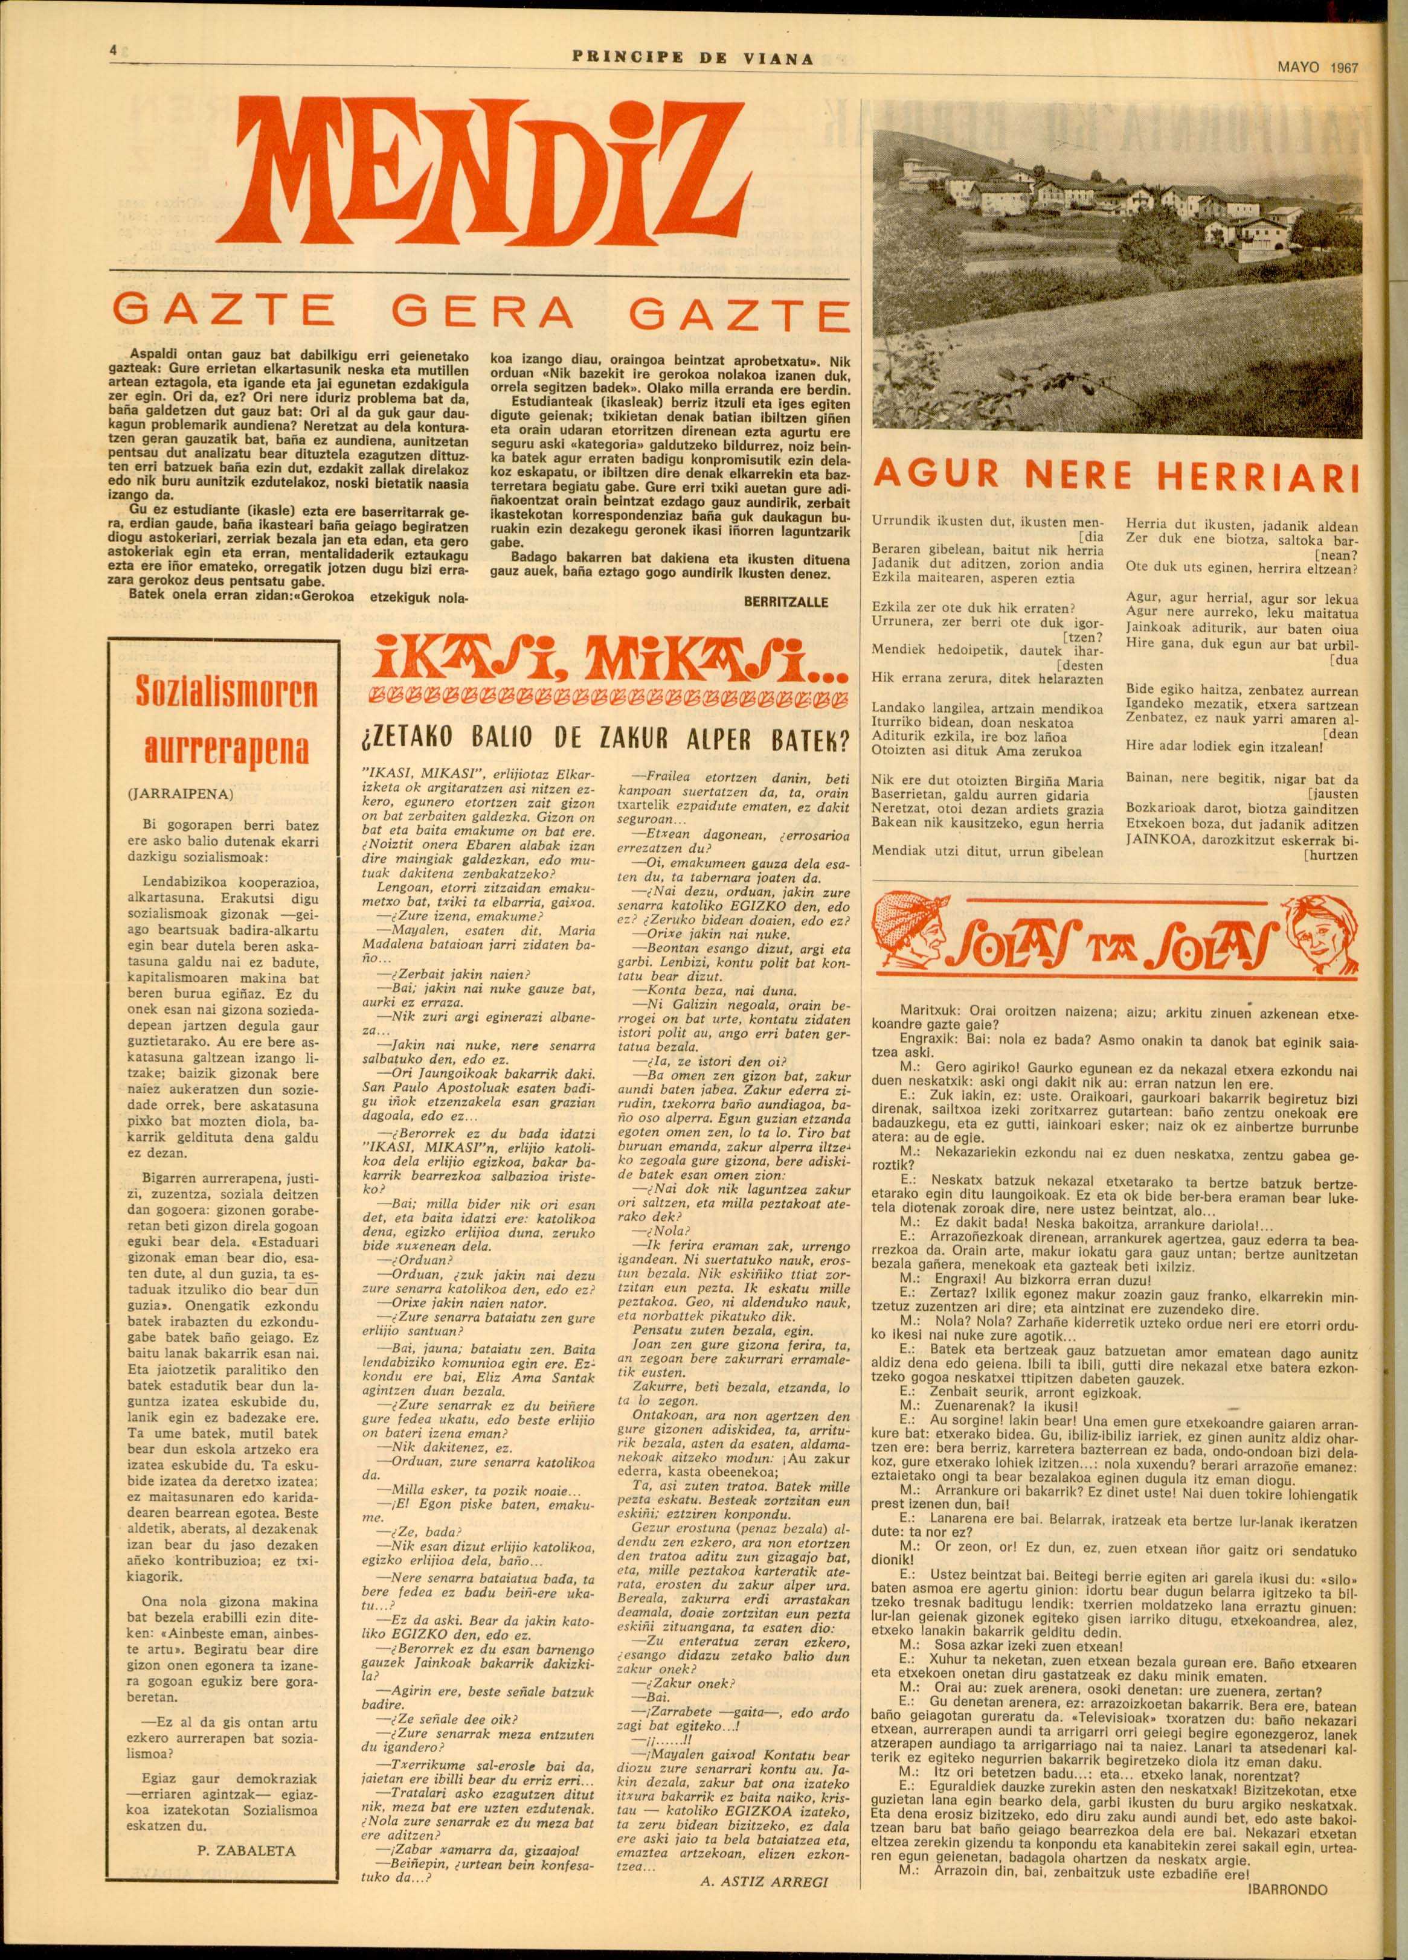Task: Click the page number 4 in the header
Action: point(113,51)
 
